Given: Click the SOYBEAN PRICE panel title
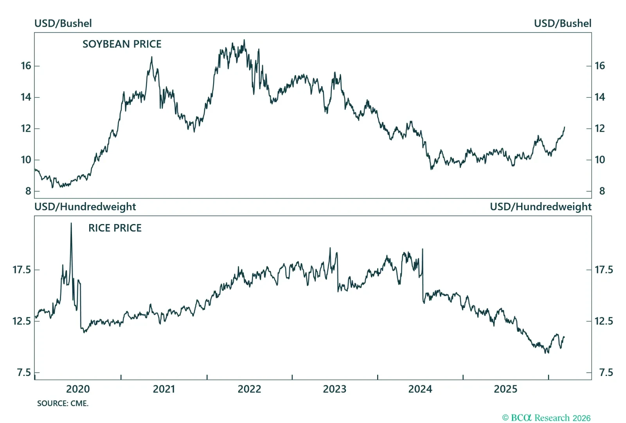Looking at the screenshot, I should click(x=122, y=44).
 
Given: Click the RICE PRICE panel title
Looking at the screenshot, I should click(x=115, y=228).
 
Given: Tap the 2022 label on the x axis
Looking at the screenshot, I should click(x=249, y=389).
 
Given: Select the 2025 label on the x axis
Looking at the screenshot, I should click(x=505, y=389).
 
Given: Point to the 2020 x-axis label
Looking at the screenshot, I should click(x=78, y=389).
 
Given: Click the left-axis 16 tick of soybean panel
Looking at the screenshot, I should click(x=26, y=66).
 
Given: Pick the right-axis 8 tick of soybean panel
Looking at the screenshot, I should click(x=602, y=191).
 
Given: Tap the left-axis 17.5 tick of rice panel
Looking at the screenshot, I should click(x=22, y=270).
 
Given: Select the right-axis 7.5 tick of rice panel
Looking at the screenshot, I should click(x=606, y=372).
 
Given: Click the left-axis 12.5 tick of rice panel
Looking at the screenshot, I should click(x=22, y=321).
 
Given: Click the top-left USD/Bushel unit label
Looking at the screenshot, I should click(x=63, y=23).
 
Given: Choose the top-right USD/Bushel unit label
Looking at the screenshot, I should click(x=562, y=23).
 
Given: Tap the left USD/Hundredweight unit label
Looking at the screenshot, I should click(x=85, y=207).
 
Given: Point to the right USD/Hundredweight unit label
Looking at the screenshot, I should click(x=540, y=207).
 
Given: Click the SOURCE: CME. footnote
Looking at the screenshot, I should click(x=63, y=403).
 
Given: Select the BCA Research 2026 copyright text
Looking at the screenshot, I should click(x=546, y=418).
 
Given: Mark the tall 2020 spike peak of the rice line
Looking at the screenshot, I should click(x=71, y=223).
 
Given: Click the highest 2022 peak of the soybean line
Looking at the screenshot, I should click(x=245, y=40).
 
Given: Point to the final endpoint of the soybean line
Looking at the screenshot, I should click(x=565, y=127).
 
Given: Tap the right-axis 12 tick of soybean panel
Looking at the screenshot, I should click(x=599, y=128).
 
